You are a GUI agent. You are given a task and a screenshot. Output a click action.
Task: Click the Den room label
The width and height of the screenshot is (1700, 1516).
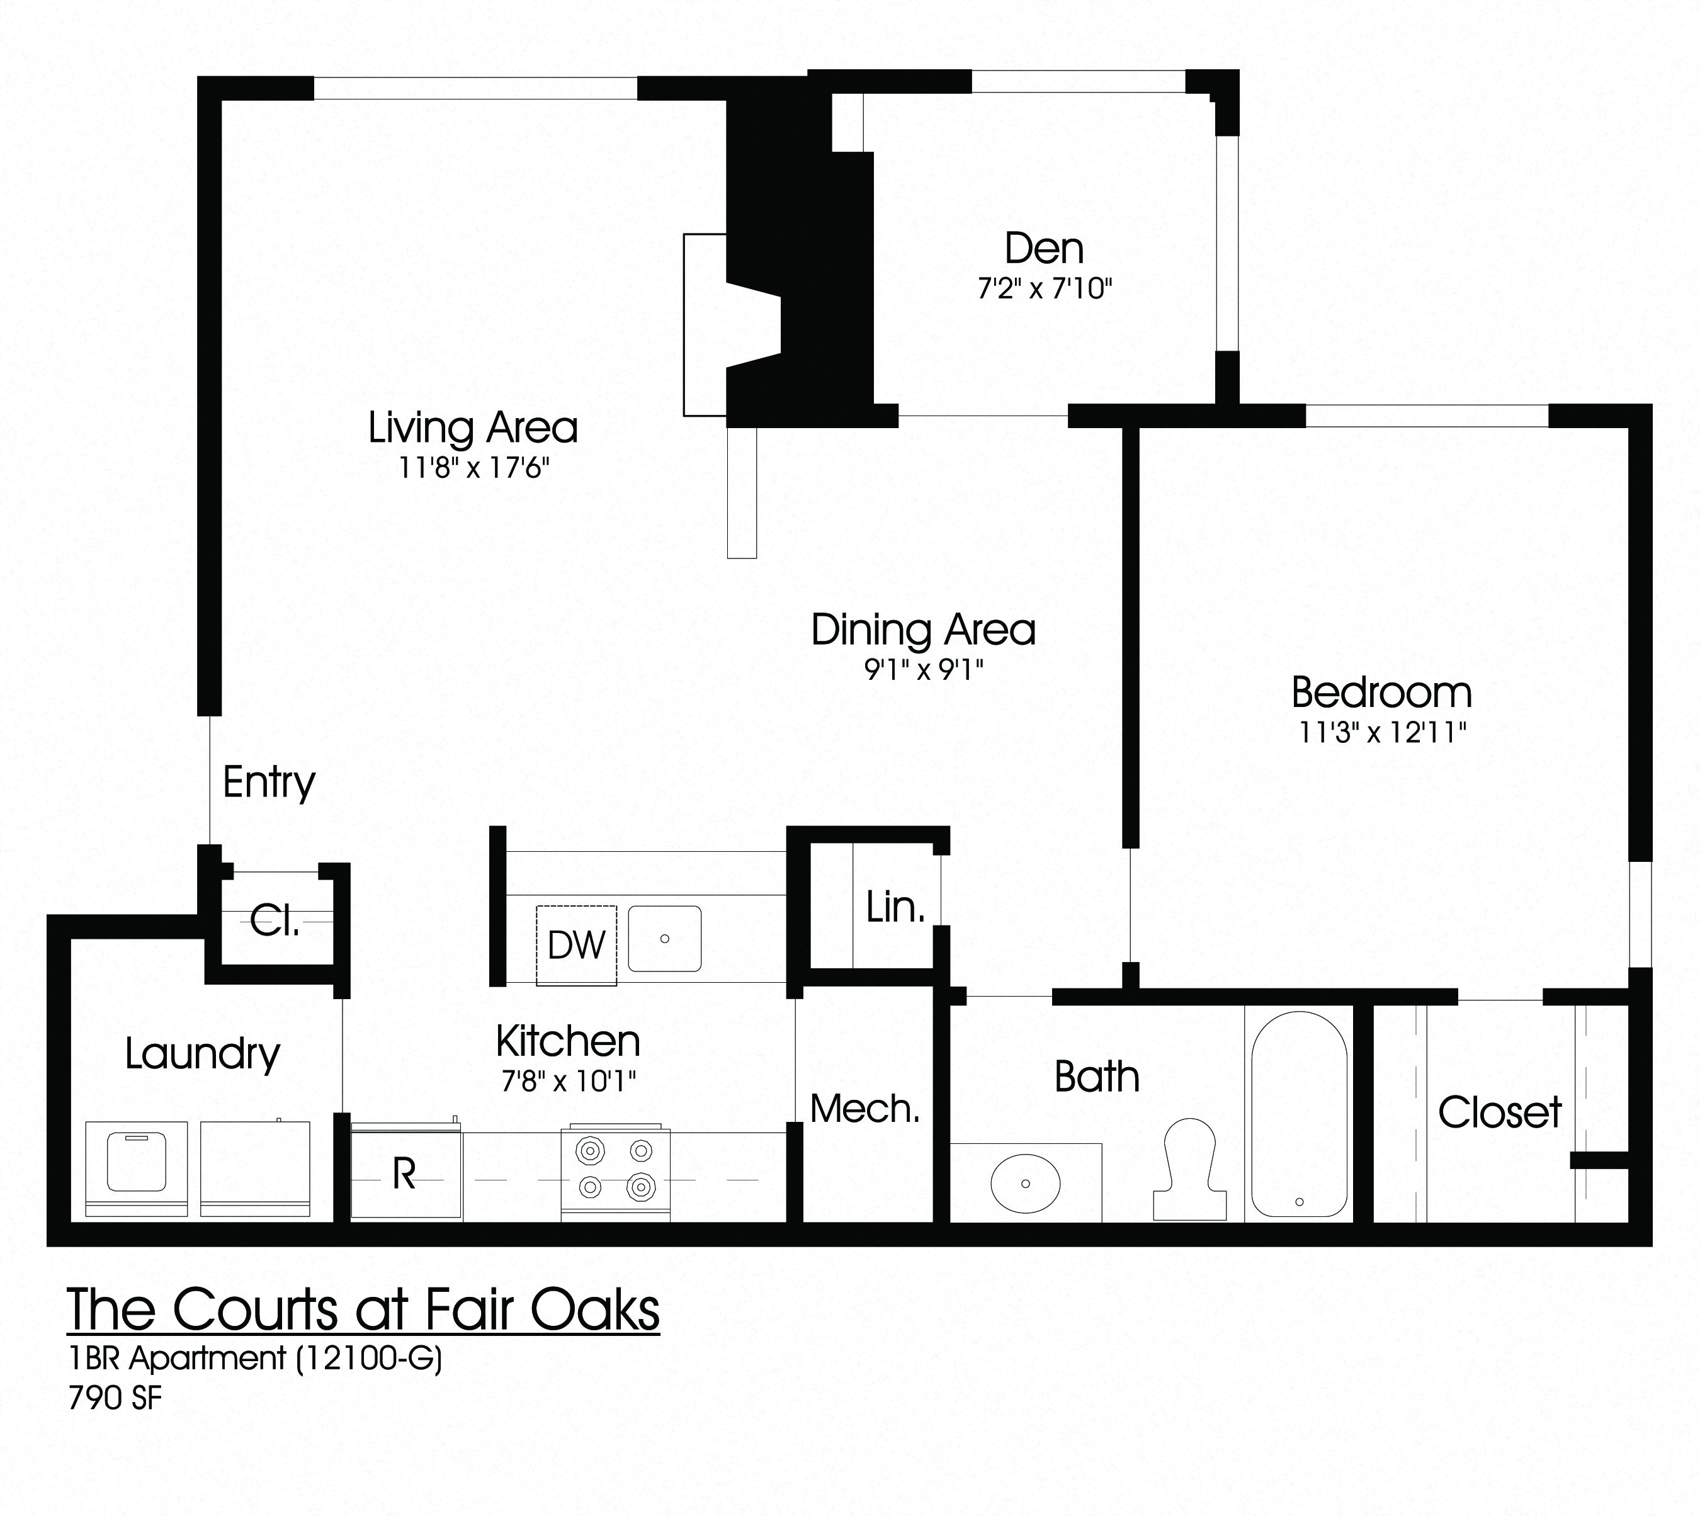[x=1044, y=248]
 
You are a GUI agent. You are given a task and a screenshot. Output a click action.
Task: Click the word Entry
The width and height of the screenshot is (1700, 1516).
[x=269, y=782]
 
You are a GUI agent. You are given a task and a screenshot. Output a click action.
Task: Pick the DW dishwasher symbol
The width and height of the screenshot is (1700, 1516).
[x=576, y=944]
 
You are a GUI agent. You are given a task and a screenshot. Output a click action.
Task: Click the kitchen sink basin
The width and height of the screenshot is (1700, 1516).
[x=664, y=939]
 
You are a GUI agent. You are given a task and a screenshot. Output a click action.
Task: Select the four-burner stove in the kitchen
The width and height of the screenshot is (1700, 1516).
[x=616, y=1173]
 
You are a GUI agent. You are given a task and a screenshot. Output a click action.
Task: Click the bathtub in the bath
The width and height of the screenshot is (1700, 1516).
[x=1298, y=1114]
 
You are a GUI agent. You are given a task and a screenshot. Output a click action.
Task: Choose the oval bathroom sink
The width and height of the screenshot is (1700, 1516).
[x=1025, y=1183]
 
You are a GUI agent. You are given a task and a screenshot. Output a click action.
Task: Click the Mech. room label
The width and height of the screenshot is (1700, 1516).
[x=864, y=1109]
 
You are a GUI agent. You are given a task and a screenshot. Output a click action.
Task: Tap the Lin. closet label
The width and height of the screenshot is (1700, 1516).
[x=895, y=907]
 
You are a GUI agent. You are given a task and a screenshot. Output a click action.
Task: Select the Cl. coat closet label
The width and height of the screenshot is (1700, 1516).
[x=275, y=920]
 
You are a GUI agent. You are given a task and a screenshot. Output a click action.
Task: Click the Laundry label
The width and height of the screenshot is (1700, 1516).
[x=202, y=1054]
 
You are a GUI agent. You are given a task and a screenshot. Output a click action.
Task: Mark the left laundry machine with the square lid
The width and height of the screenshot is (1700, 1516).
[x=137, y=1168]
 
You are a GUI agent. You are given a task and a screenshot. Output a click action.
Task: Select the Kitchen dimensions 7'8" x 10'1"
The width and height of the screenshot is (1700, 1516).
[x=569, y=1081]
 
